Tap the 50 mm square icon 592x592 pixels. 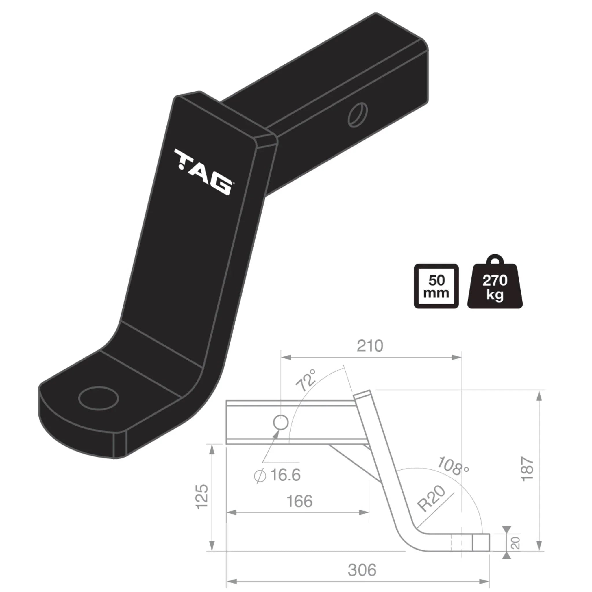436,286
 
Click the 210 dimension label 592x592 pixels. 370,346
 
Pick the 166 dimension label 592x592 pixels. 299,502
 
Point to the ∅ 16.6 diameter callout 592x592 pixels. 277,475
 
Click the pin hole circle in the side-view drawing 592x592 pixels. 281,423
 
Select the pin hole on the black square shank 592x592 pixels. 358,114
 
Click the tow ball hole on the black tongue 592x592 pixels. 98,398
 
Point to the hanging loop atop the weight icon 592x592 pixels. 495,260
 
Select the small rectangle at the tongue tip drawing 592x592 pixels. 480,542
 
